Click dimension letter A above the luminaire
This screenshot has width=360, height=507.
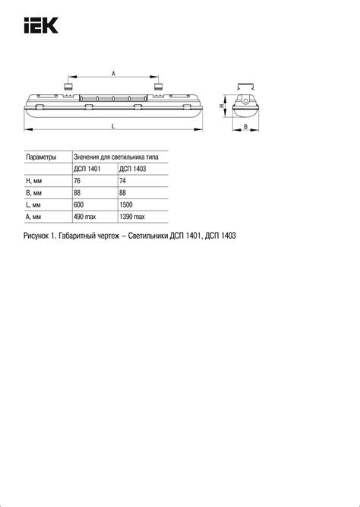click(113, 73)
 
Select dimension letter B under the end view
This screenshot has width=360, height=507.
click(245, 127)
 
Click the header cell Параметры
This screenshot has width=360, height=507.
click(41, 157)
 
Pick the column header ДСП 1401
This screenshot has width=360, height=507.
click(87, 169)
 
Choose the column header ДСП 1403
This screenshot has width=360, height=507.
click(134, 169)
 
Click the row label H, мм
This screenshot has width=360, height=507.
click(35, 181)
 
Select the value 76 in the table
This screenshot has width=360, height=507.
click(77, 181)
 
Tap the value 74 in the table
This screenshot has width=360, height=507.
click(123, 181)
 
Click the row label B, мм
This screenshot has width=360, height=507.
click(35, 193)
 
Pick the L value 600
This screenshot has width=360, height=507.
click(79, 205)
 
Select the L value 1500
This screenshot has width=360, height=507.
click(127, 205)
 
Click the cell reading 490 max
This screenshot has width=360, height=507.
click(85, 217)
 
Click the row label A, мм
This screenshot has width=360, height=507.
click(35, 217)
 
